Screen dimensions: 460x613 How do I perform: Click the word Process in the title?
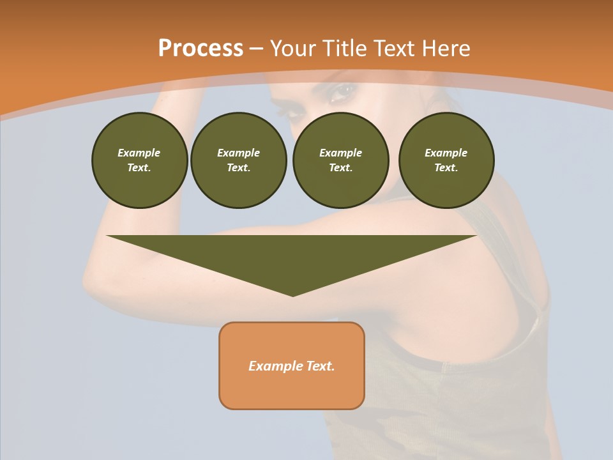pos(201,49)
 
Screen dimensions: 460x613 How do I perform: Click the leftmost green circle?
pos(139,160)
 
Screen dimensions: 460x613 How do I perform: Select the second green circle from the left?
pos(238,160)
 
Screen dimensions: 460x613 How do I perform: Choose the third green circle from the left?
pos(340,160)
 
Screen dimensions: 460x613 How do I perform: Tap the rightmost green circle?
pos(446,160)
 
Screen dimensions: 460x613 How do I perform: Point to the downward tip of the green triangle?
pos(292,295)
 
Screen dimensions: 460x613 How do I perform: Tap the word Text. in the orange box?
pos(319,366)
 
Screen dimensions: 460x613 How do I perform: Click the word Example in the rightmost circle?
pos(446,153)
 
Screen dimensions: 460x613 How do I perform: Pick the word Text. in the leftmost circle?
pos(139,168)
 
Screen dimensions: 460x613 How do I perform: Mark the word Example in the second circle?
pos(238,153)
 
